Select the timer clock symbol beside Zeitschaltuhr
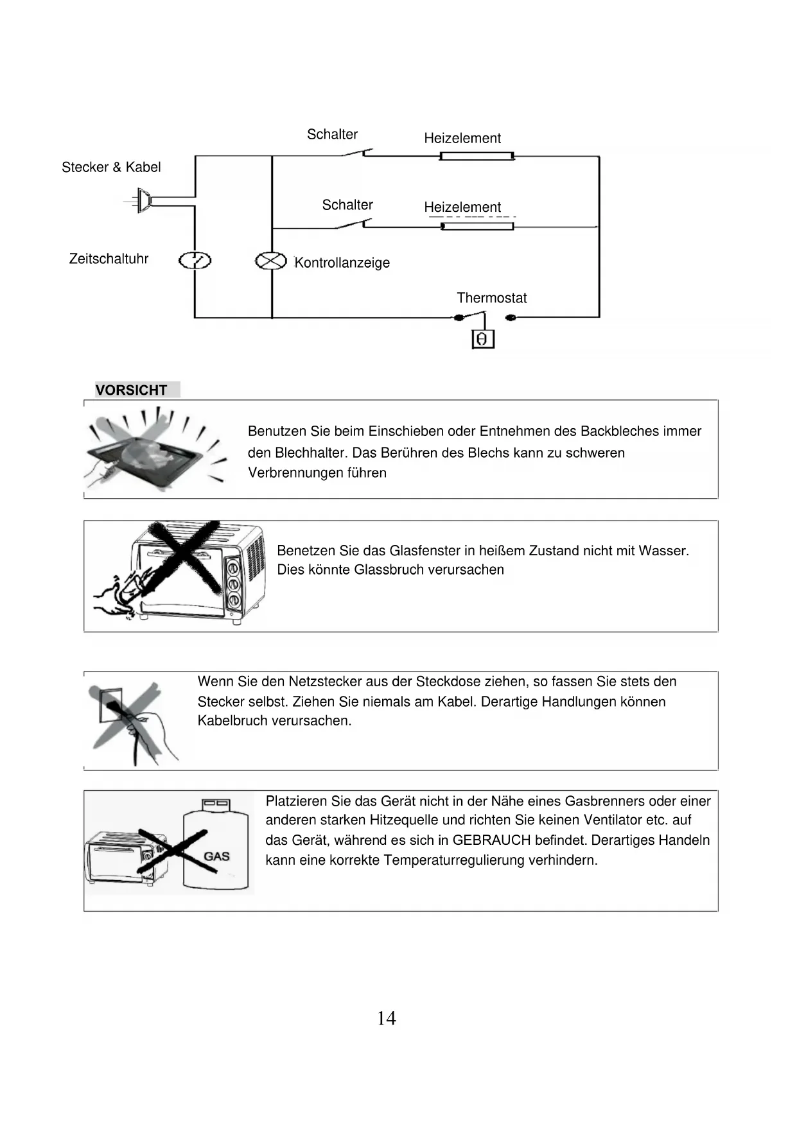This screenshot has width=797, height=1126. click(x=195, y=261)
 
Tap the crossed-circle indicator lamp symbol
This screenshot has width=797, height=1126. click(x=271, y=261)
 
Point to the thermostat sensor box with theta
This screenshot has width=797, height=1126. click(x=483, y=339)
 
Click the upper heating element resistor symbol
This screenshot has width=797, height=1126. click(x=477, y=156)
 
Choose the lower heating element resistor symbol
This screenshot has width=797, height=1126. click(x=477, y=227)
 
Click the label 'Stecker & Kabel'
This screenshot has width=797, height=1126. click(x=111, y=168)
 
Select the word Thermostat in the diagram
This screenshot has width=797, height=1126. click(x=491, y=298)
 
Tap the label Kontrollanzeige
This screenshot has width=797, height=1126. click(x=342, y=263)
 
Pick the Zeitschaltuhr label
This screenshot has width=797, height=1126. click(x=109, y=259)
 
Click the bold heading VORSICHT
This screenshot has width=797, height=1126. click(x=131, y=390)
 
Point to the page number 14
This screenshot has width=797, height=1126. click(x=387, y=1019)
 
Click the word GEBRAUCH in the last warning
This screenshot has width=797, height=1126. click(x=491, y=840)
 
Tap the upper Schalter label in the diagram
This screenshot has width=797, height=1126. click(x=332, y=134)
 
